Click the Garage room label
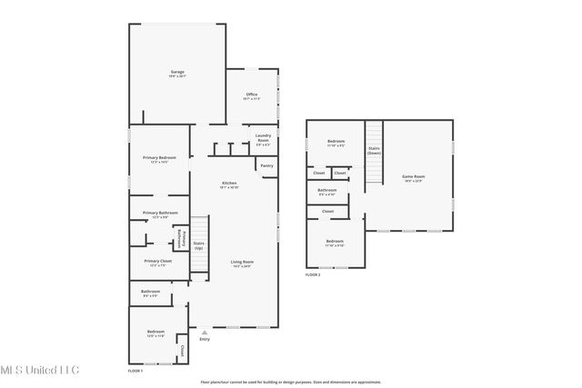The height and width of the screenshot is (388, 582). click(x=176, y=73)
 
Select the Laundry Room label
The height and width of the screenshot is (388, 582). click(x=262, y=140)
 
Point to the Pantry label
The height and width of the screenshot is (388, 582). click(x=266, y=165)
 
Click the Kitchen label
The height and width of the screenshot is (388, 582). click(x=229, y=184)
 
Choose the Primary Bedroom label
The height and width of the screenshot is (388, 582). click(x=159, y=159)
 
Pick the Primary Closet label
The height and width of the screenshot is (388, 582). click(x=157, y=262)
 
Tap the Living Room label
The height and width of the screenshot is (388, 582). click(x=241, y=263)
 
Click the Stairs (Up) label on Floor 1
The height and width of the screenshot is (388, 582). click(x=199, y=245)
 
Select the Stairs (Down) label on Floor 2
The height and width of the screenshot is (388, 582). click(x=373, y=150)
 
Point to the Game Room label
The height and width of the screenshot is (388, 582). click(x=414, y=177)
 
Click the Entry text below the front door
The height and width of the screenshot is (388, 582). click(x=204, y=340)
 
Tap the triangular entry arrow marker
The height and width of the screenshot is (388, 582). click(x=204, y=333)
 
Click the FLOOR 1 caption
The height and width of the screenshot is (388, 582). click(x=135, y=370)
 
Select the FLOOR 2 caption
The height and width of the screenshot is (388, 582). click(x=313, y=274)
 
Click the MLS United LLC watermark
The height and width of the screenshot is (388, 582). click(x=40, y=369)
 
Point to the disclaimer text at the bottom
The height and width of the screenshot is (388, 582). click(x=290, y=382)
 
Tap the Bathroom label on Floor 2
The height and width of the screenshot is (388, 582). click(x=327, y=192)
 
